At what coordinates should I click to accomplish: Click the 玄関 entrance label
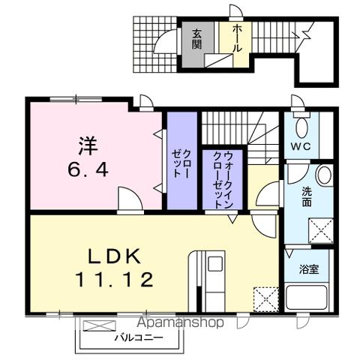pyautogui.click(x=196, y=38)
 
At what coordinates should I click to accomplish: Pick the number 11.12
pyautogui.click(x=115, y=280)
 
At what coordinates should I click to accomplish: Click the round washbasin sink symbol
pyautogui.click(x=323, y=176)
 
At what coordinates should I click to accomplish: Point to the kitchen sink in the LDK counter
pyautogui.click(x=214, y=265)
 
